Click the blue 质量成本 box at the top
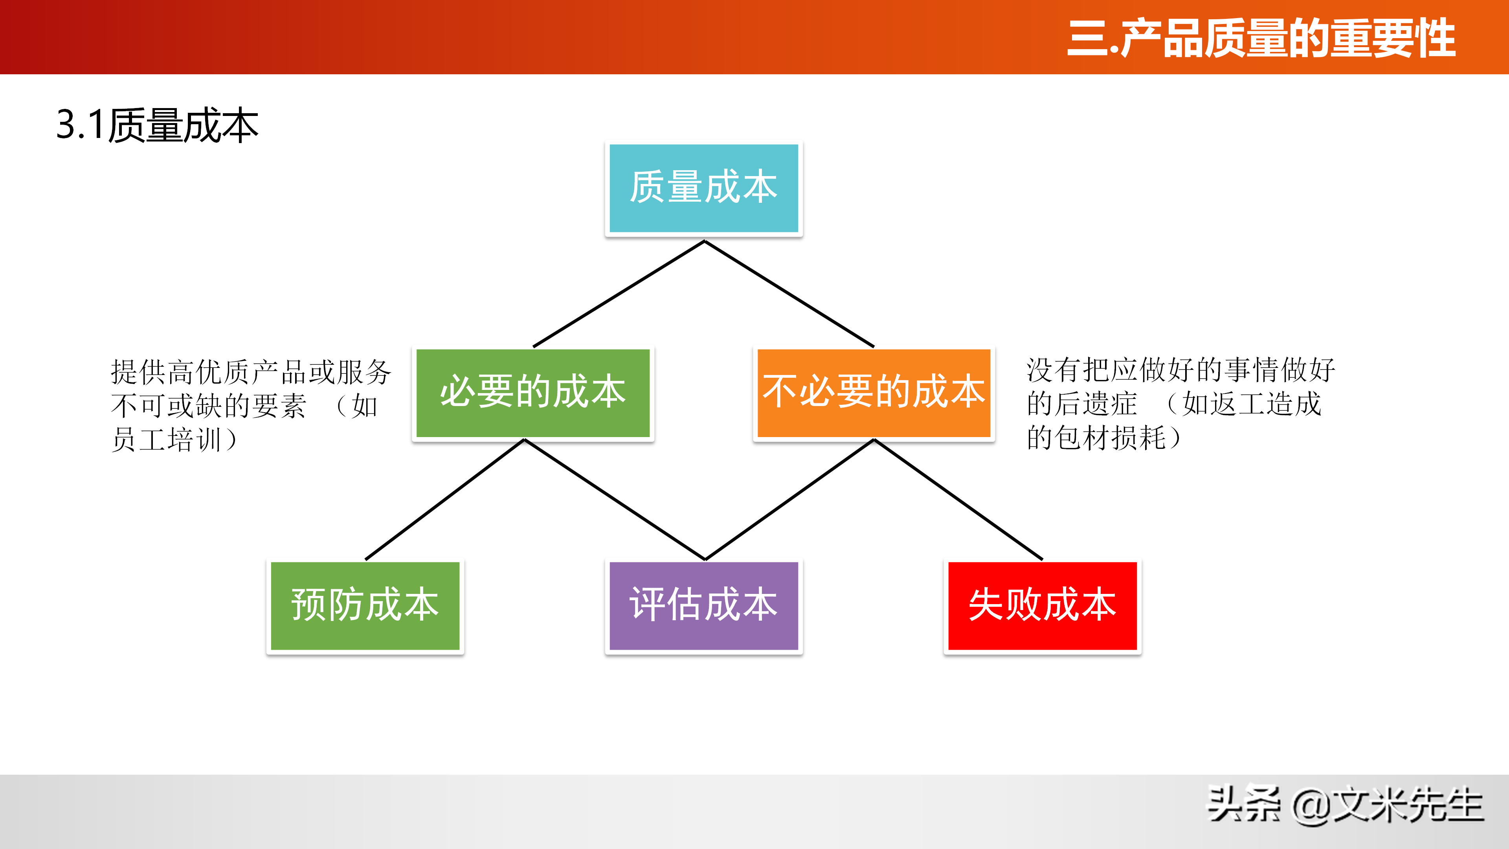tap(703, 188)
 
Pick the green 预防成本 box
tap(365, 605)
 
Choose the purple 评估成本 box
tap(703, 605)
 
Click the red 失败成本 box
tap(1042, 605)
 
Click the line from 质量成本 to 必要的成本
tap(619, 294)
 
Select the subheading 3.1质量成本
tap(157, 125)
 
